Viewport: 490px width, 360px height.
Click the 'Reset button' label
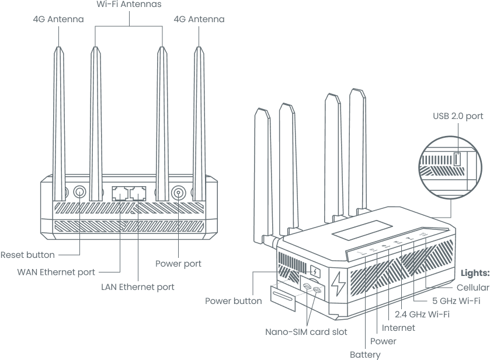click(x=27, y=254)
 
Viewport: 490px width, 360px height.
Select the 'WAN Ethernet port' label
click(x=56, y=271)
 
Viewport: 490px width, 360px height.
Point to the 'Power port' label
click(x=178, y=263)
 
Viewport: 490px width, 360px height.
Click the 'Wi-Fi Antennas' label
click(x=128, y=4)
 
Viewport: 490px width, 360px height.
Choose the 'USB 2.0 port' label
click(x=458, y=116)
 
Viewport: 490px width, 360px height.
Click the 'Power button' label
click(x=233, y=301)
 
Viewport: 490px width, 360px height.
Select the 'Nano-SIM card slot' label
click(x=307, y=331)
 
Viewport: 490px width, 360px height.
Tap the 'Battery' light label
click(x=365, y=354)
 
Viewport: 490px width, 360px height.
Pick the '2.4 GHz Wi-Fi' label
click(x=426, y=314)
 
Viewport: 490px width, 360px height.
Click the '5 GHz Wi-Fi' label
click(x=456, y=301)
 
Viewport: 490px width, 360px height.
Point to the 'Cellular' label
click(x=472, y=287)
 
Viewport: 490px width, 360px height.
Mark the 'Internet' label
click(x=398, y=327)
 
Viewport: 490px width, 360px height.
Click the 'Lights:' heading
click(x=475, y=272)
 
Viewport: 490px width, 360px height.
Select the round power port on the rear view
click(x=178, y=193)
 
